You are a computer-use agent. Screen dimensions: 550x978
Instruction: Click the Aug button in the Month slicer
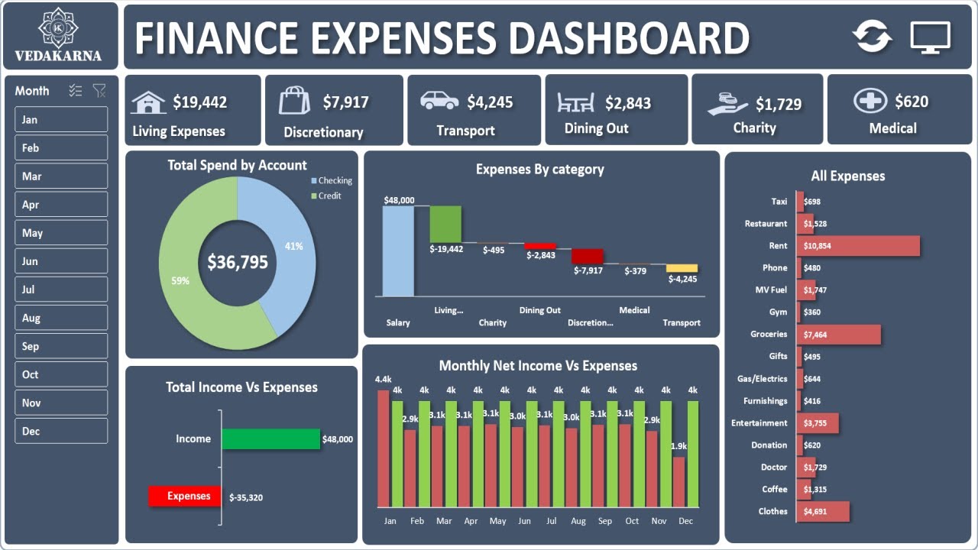(61, 318)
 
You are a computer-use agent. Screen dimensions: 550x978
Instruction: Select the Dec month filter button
(61, 431)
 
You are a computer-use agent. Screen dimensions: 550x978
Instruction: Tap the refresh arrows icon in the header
(873, 37)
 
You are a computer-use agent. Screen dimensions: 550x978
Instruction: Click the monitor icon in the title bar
(930, 37)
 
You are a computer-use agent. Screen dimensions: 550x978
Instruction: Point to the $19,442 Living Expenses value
(199, 102)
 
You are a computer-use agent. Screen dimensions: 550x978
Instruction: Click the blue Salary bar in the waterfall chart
(398, 251)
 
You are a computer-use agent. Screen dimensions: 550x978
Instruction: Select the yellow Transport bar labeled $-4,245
(682, 268)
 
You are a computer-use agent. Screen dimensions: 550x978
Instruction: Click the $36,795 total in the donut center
(238, 263)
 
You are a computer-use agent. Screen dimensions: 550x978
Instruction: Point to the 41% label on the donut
(293, 246)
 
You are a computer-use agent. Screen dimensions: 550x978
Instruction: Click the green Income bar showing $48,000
(270, 439)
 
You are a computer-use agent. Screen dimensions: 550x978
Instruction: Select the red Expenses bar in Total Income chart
(184, 497)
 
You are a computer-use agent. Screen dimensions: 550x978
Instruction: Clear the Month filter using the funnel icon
(99, 91)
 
